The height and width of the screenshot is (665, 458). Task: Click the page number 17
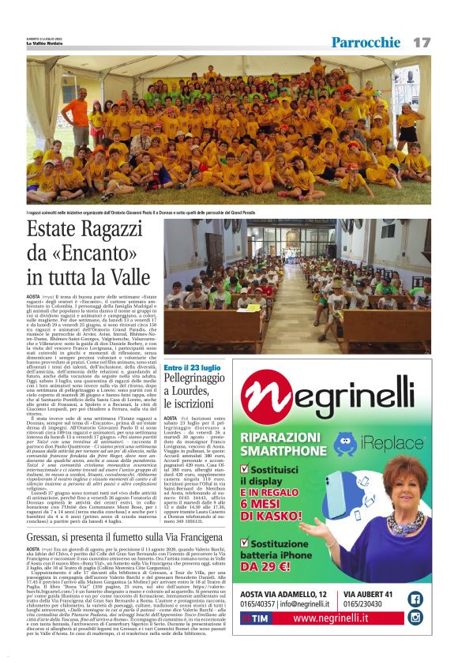coord(422,42)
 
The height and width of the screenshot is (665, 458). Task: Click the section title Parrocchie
coord(366,42)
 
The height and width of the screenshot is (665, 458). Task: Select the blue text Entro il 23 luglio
coord(193,367)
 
